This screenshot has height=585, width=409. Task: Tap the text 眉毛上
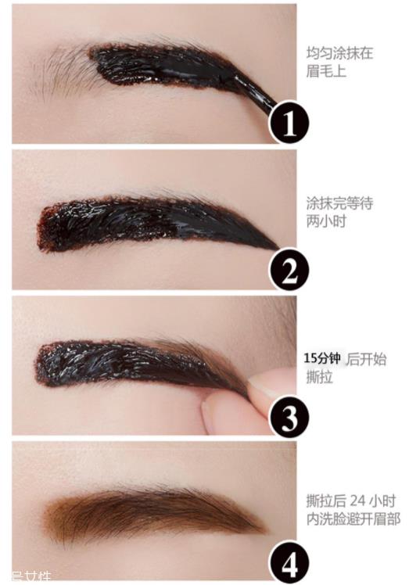[x=326, y=72]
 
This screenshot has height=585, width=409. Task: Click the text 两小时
[x=327, y=221]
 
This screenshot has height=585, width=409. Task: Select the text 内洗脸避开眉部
[x=353, y=519]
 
